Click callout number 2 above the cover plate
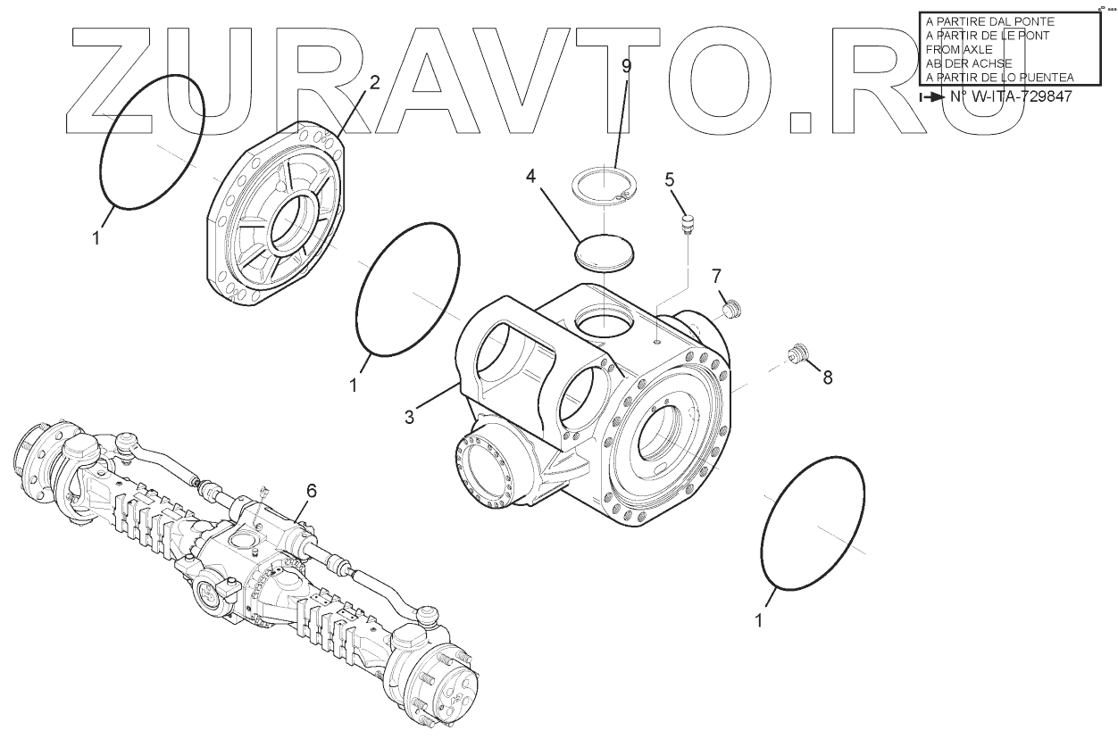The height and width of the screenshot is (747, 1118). click(374, 82)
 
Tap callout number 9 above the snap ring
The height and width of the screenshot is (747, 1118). click(626, 66)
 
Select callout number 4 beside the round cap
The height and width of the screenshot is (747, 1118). click(530, 176)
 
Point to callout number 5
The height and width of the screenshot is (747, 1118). click(670, 179)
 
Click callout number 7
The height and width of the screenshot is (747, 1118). click(716, 276)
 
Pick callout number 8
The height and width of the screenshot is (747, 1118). click(828, 378)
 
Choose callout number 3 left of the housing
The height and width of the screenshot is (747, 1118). click(409, 417)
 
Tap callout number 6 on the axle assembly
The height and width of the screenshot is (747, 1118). click(311, 491)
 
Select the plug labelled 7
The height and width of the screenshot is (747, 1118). click(733, 309)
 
